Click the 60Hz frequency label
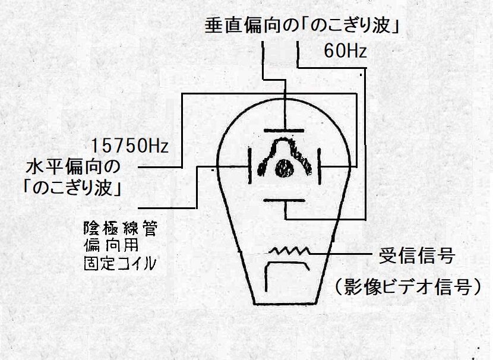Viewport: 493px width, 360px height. click(x=345, y=52)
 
